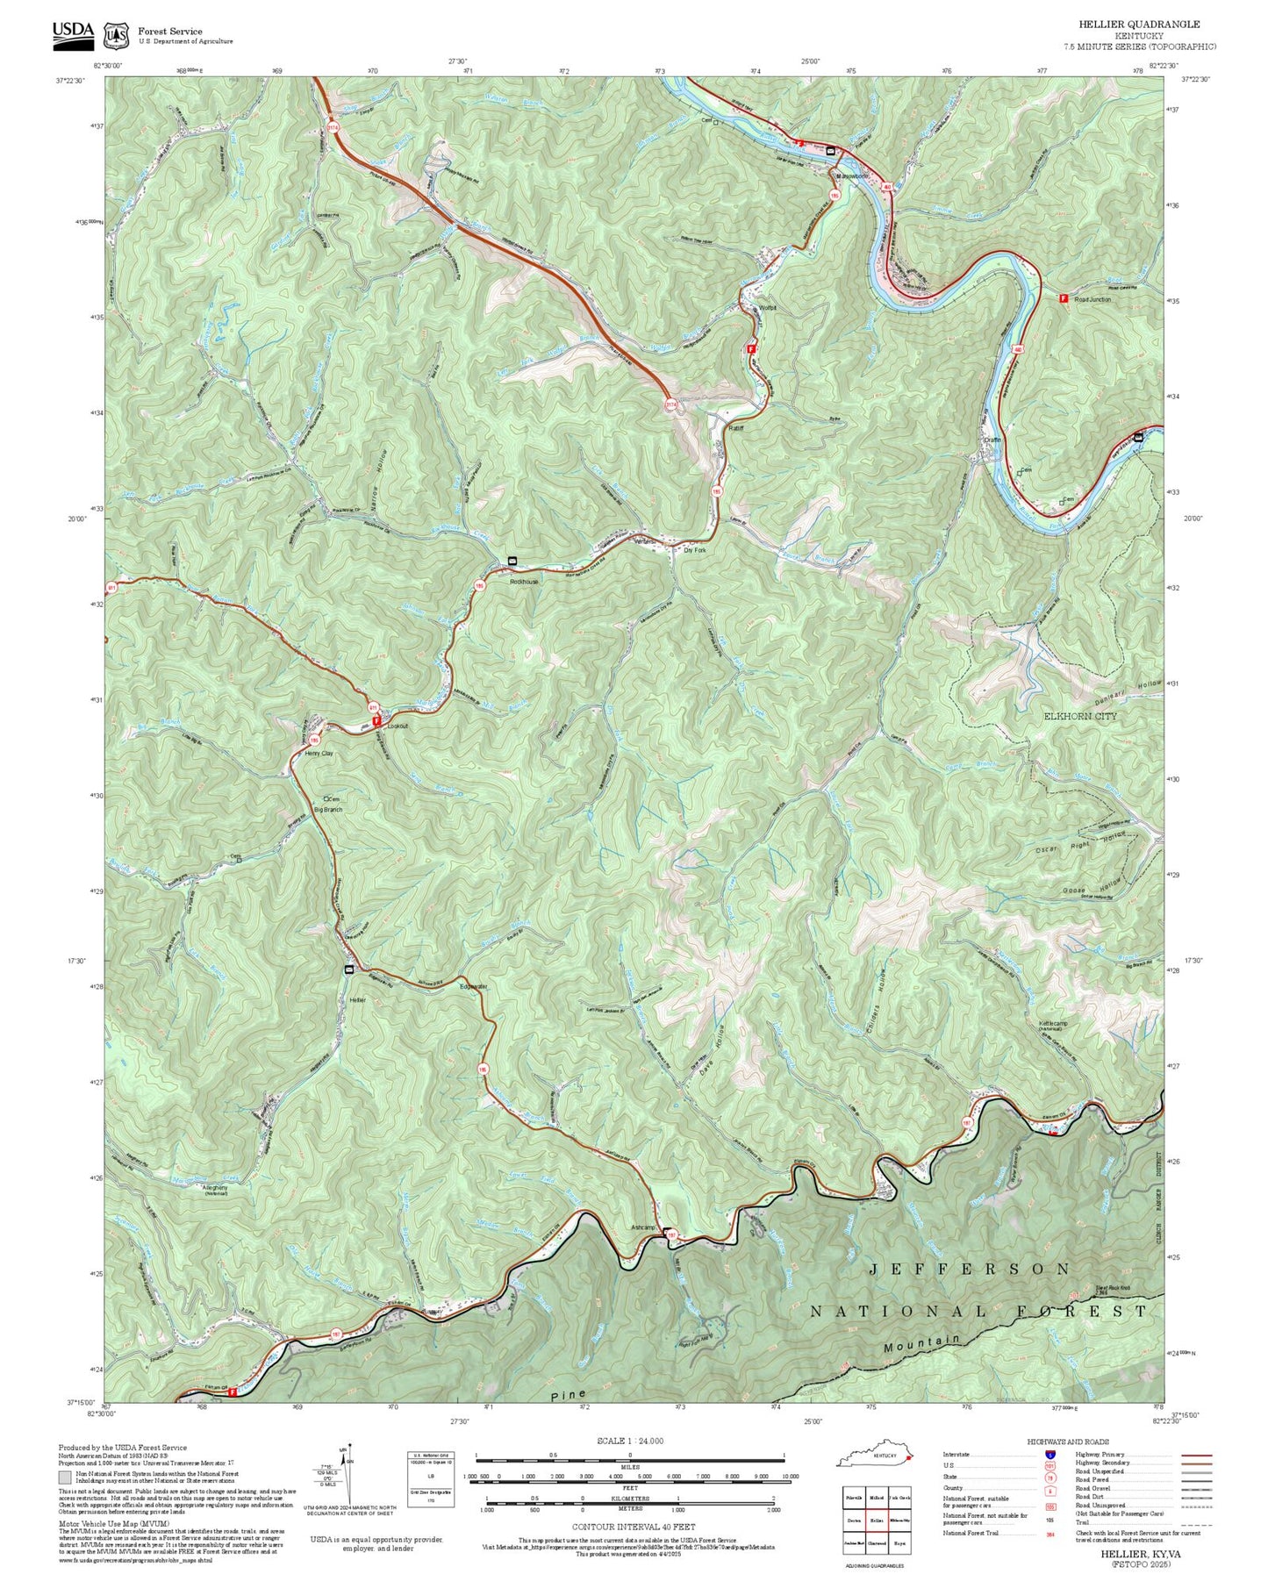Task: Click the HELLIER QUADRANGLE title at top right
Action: point(1139,24)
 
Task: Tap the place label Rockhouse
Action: point(524,581)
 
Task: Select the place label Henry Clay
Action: point(319,753)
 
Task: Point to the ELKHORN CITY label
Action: point(1080,716)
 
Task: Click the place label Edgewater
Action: point(473,987)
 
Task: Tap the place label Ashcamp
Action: point(643,1227)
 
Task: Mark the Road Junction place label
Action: point(1092,299)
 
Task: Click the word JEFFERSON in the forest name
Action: point(970,1269)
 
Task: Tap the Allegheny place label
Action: point(216,1188)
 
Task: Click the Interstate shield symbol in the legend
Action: point(1050,1454)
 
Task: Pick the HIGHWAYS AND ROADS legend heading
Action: point(1068,1442)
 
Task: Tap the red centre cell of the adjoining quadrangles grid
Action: point(875,1520)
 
